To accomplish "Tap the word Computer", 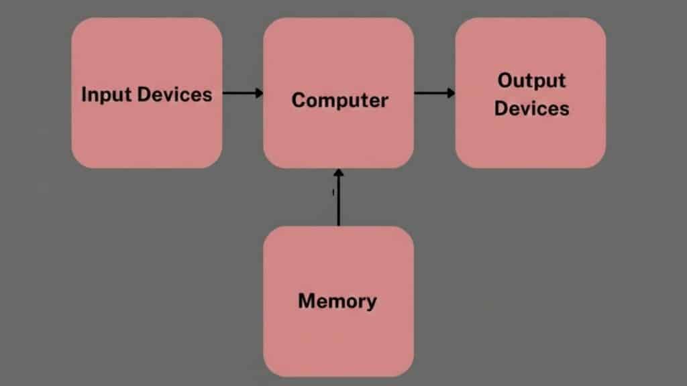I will coord(339,101).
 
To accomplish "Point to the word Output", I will coord(531,80).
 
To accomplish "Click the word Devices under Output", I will coord(531,108).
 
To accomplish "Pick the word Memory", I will coord(337,301).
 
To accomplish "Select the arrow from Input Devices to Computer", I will coord(242,93).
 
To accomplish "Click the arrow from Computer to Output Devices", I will coord(434,92).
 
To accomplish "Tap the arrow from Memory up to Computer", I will coord(338,198).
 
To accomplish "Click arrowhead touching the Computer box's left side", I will coord(260,93).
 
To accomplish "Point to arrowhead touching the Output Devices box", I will coord(452,92).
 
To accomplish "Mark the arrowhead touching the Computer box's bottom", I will coord(338,173).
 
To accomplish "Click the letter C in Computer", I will coord(298,101).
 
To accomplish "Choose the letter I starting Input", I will coord(84,94).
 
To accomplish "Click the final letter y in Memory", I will coord(371,303).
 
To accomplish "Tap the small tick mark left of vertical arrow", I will coord(333,193).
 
